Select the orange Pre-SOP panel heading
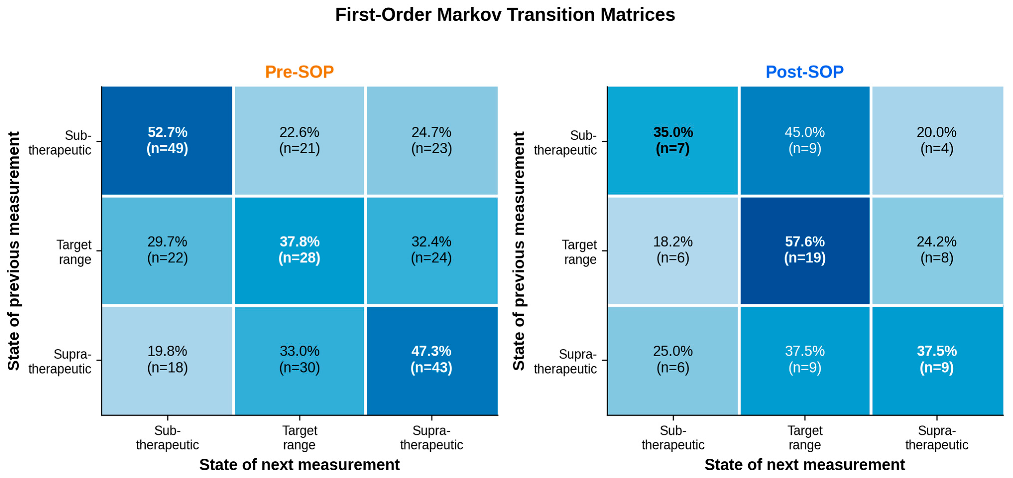[x=299, y=72]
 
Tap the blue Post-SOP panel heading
[x=805, y=72]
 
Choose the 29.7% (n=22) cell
[x=167, y=250]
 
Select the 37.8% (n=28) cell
[x=299, y=250]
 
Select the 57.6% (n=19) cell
[x=805, y=250]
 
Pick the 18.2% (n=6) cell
[x=673, y=250]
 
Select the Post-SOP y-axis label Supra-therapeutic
[x=565, y=361]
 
